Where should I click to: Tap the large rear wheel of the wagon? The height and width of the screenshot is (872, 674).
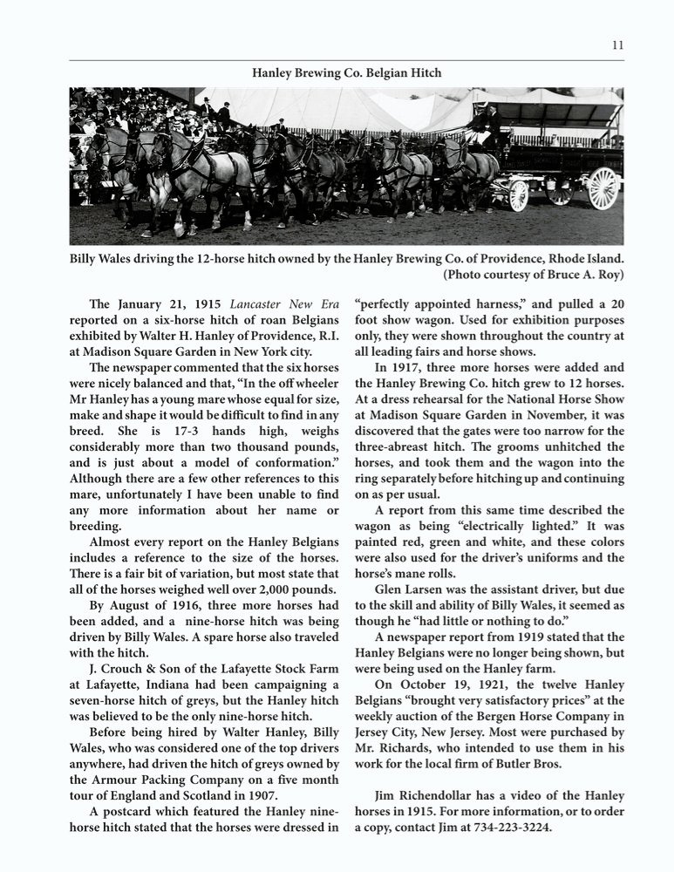603,187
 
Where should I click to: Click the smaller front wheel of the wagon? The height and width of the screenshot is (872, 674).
519,194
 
